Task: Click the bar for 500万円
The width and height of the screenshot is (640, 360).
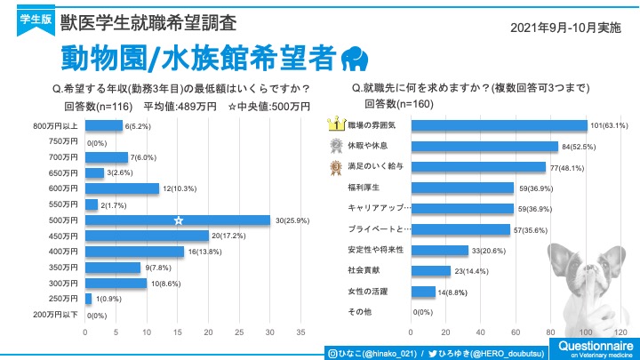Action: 177,220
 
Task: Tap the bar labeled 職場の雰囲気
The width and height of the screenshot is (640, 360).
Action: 500,125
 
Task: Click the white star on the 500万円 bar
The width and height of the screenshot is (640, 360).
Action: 178,220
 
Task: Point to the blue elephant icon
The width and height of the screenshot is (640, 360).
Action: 355,58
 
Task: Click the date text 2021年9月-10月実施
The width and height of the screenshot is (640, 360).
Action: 565,28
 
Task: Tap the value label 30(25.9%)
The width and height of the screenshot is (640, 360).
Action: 292,220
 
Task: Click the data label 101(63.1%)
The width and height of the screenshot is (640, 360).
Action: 610,125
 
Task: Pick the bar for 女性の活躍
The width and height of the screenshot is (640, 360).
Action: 423,291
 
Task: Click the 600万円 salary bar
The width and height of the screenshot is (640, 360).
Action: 122,188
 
